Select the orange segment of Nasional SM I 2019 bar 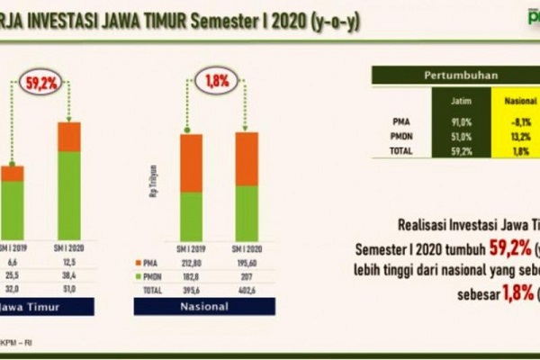[x=191, y=162]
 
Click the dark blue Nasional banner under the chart [x=210, y=306]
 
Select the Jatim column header [x=463, y=102]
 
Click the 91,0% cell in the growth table [x=463, y=121]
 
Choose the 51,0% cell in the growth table [x=463, y=136]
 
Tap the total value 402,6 [x=246, y=289]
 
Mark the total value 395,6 [x=191, y=289]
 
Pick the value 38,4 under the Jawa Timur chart [x=69, y=275]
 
